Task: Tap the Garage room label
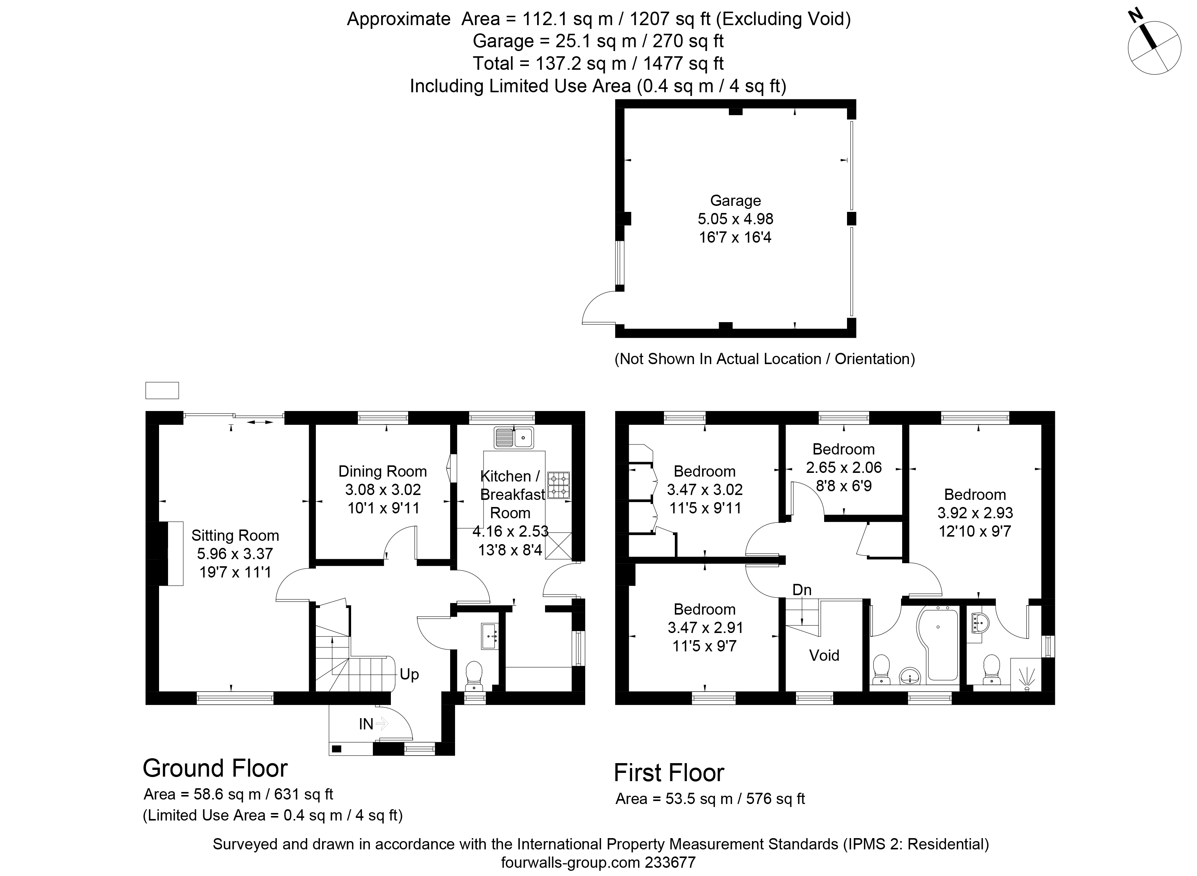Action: [x=735, y=201]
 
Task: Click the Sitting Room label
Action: [x=235, y=535]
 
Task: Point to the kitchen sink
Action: [x=514, y=438]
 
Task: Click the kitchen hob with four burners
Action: [x=559, y=485]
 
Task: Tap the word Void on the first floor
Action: [x=824, y=655]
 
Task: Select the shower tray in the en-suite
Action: [x=1026, y=675]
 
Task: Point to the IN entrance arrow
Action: [x=382, y=723]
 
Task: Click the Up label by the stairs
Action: [x=409, y=675]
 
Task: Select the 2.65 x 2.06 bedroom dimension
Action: [x=843, y=467]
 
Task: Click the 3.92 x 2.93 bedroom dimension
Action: [x=975, y=513]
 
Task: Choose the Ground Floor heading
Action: [x=215, y=768]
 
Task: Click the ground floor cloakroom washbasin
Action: [x=490, y=636]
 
